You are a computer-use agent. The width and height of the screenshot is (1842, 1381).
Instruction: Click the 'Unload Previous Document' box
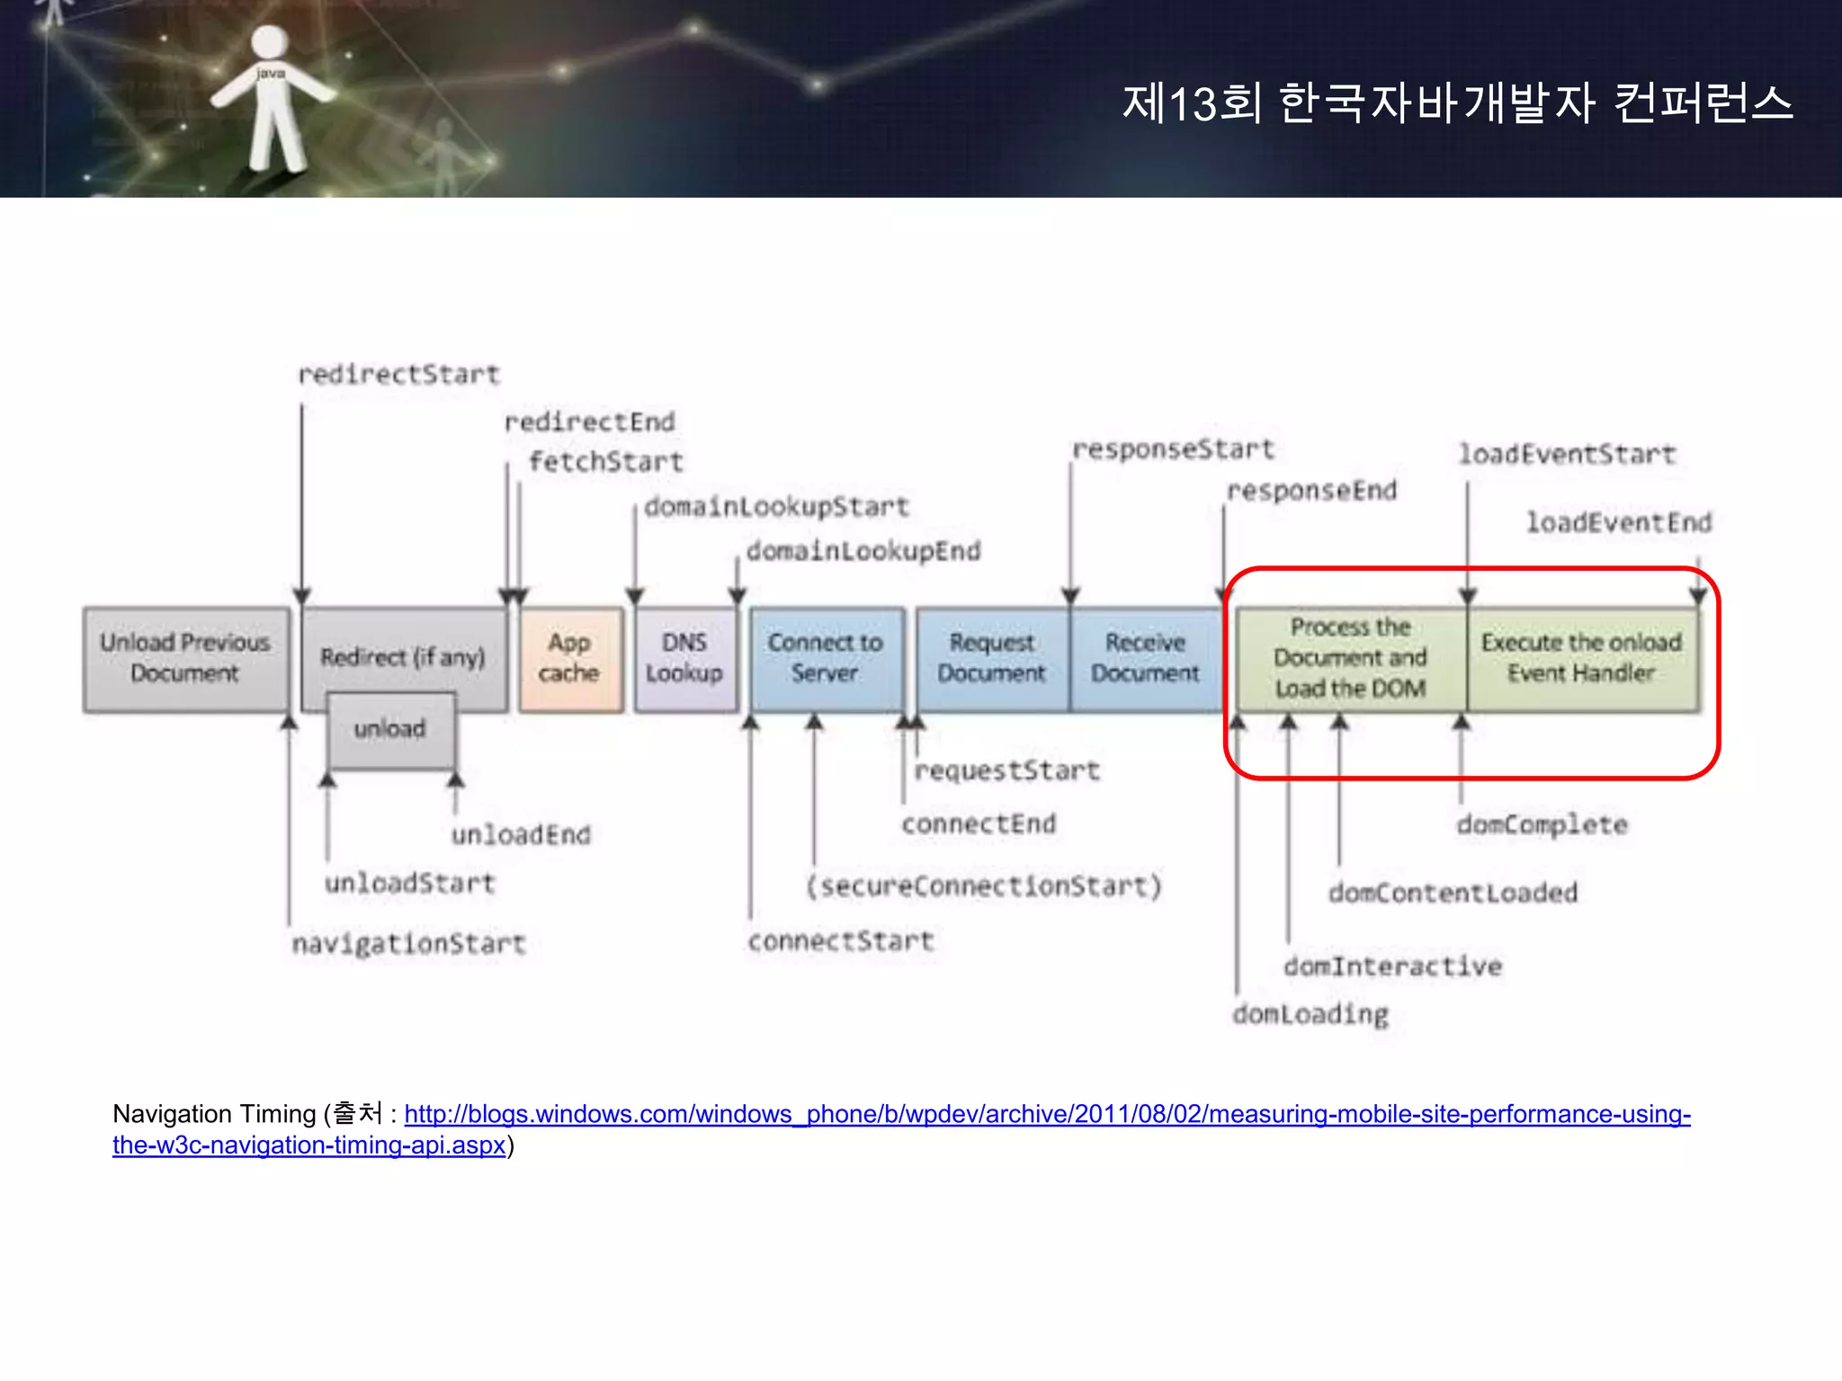185,659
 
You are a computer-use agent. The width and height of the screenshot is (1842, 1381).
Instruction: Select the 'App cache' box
570,659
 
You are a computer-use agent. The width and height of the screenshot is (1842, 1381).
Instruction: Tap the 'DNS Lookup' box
684,659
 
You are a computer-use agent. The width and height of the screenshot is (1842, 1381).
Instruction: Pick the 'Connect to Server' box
826,659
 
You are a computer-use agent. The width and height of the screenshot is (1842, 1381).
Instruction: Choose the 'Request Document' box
992,659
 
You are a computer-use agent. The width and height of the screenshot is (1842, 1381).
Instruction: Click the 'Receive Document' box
1145,659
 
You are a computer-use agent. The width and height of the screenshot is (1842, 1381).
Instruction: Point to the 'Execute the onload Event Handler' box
1582,659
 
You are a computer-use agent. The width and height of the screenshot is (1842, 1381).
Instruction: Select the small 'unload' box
390,729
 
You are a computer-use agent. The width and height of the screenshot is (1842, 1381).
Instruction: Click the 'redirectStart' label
398,374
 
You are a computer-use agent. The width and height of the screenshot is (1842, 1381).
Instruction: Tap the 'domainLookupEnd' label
863,550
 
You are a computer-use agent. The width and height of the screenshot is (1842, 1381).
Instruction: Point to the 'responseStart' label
1174,449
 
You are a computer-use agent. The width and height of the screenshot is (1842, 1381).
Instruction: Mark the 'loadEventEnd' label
1619,522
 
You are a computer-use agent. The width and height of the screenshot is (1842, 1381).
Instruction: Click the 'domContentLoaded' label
1453,893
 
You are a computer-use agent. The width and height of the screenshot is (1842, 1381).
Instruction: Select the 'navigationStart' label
408,943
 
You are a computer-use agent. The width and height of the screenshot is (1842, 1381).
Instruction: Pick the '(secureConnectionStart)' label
984,887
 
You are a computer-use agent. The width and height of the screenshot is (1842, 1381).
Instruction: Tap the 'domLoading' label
1310,1014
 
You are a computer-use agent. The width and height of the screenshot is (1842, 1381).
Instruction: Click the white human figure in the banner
272,99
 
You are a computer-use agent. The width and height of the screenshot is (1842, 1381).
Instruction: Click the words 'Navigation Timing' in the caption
214,1115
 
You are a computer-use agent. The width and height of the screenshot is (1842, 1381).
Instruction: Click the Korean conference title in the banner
1457,102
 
